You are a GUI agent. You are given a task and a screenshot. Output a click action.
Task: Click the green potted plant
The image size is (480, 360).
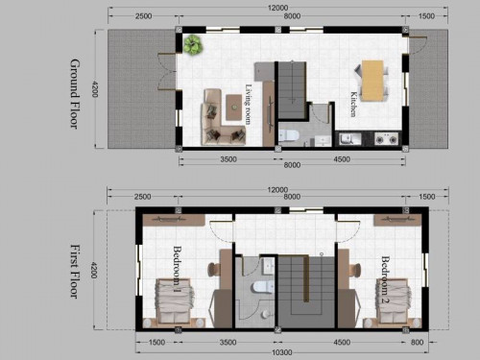point(193,45)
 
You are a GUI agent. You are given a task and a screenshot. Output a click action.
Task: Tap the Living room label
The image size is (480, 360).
point(249,104)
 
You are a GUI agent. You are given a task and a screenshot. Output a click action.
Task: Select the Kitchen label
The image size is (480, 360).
point(353,105)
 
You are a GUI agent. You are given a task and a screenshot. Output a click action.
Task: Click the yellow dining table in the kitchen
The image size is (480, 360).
point(372,81)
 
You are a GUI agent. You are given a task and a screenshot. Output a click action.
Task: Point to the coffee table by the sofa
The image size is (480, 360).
point(234,108)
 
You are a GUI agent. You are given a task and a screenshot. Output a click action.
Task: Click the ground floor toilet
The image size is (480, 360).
point(288,135)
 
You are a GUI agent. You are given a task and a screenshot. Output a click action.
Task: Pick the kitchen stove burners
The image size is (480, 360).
point(387,139)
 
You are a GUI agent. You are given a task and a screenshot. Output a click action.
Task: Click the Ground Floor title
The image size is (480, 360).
point(75,94)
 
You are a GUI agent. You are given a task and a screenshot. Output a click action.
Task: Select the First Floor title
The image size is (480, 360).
point(75,272)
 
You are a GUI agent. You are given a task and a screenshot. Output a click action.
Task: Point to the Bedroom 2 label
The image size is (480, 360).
point(385,279)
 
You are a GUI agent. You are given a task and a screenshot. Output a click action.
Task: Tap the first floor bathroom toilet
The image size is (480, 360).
point(263,287)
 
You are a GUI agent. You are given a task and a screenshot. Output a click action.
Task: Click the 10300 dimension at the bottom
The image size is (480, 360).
point(282,352)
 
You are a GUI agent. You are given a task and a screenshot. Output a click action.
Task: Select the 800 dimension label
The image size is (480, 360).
point(417,343)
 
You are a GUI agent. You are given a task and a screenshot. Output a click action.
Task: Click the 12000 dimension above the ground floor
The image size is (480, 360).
point(277,8)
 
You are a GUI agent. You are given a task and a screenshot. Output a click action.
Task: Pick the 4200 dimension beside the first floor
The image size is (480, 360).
point(93,271)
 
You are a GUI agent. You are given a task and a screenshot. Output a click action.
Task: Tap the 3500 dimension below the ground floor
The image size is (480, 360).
point(228,159)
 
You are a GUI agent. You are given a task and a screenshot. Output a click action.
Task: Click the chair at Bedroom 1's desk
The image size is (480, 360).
point(213,270)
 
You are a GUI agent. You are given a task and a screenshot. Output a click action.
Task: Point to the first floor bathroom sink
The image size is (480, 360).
point(269,266)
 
